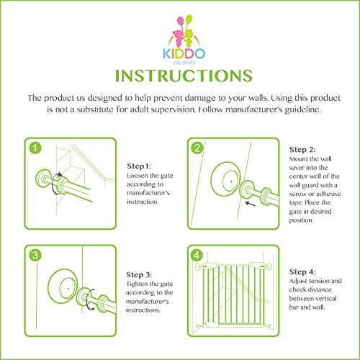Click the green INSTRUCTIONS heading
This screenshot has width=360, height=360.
(184, 76)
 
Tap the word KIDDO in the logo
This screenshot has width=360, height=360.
(184, 53)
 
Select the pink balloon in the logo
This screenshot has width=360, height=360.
(180, 21)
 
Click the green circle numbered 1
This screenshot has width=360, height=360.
(35, 148)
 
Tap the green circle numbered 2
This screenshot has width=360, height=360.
(197, 148)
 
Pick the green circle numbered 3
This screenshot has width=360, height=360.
(35, 255)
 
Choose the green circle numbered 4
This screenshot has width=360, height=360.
(197, 255)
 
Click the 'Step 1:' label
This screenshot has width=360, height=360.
(139, 166)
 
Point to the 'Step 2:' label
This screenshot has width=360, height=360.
(302, 150)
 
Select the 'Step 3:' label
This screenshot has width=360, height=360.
(139, 275)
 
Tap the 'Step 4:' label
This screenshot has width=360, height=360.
(302, 272)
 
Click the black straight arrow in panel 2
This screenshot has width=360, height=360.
(251, 204)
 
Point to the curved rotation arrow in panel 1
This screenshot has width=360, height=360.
(55, 184)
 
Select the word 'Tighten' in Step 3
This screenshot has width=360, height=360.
(137, 284)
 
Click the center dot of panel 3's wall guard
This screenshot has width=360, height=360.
(68, 289)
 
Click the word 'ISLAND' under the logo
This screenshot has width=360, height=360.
(184, 63)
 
